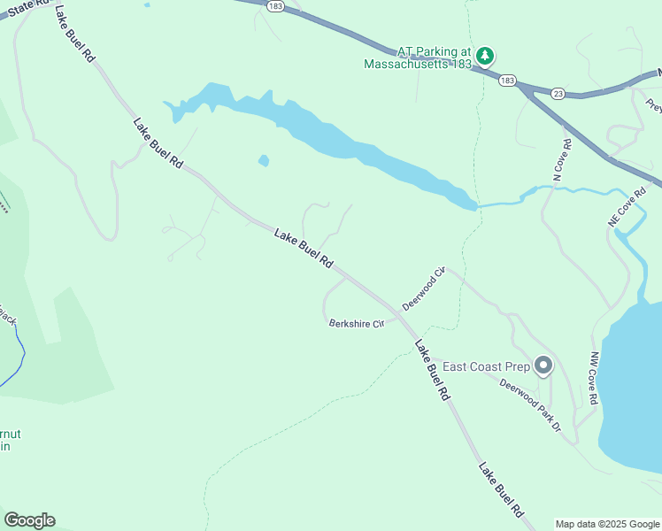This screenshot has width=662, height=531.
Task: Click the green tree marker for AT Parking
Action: pyautogui.click(x=485, y=57)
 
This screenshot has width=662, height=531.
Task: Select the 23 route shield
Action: pyautogui.click(x=557, y=92)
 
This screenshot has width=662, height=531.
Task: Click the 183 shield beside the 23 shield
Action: pyautogui.click(x=507, y=81)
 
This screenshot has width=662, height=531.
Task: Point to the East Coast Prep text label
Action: pyautogui.click(x=485, y=366)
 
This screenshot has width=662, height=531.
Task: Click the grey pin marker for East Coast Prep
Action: pyautogui.click(x=543, y=365)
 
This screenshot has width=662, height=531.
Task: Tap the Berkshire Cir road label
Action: pyautogui.click(x=356, y=323)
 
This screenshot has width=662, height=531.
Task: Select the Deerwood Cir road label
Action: pyautogui.click(x=422, y=289)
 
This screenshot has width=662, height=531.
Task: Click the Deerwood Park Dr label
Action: pyautogui.click(x=530, y=405)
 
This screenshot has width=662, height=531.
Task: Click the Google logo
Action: pyautogui.click(x=29, y=520)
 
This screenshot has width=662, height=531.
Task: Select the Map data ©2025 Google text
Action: pyautogui.click(x=607, y=524)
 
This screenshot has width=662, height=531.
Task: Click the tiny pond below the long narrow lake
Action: pyautogui.click(x=264, y=160)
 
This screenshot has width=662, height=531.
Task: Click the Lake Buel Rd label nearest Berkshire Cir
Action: pyautogui.click(x=433, y=373)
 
